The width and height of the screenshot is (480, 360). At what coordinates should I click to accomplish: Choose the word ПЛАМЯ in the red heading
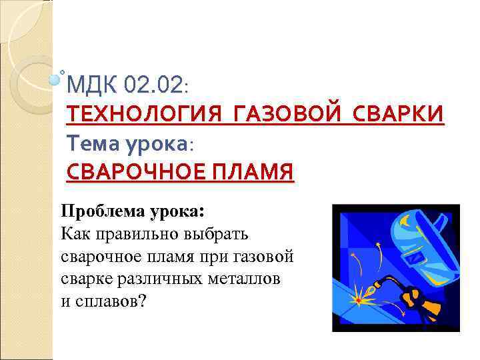[254, 172]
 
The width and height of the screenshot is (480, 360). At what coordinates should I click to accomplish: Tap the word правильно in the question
[136, 234]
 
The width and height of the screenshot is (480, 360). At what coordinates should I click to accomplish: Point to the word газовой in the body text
[265, 256]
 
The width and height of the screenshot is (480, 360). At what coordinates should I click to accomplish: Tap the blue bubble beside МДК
[56, 81]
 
